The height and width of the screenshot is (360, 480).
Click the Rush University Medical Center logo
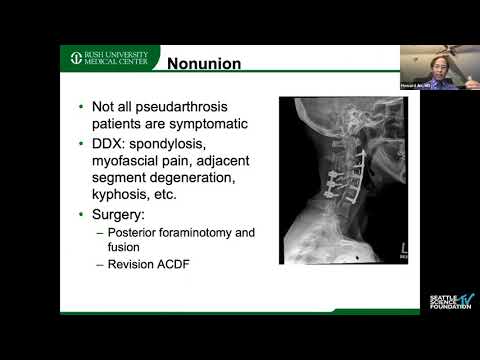[106, 58]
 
